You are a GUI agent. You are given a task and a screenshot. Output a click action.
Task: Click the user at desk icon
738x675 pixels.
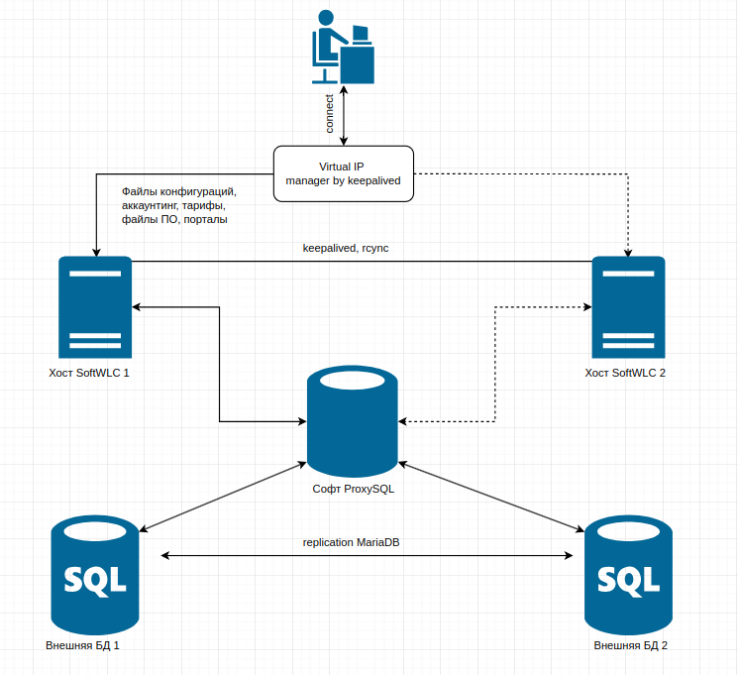point(343,47)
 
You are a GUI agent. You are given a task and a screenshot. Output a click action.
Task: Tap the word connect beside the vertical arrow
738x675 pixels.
point(330,115)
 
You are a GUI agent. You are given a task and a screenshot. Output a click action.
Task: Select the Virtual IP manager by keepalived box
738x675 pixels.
point(342,174)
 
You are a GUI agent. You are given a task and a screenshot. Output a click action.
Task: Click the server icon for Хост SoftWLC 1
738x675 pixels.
point(95,306)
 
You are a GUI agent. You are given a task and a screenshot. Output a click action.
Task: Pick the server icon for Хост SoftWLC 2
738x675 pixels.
point(628,306)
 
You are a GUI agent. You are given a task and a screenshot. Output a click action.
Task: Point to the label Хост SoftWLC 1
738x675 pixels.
point(89,375)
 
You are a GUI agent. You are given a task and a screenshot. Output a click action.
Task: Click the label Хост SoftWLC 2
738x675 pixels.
point(626,375)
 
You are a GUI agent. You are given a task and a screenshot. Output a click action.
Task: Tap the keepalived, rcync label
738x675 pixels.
point(346,248)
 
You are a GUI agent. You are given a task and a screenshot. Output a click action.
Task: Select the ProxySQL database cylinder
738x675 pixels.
point(353,420)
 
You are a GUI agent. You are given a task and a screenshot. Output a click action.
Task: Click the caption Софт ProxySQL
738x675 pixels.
point(354,490)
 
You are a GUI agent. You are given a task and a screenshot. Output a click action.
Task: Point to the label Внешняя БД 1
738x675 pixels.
point(83,645)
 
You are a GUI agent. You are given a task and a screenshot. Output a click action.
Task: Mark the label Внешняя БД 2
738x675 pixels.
point(631,645)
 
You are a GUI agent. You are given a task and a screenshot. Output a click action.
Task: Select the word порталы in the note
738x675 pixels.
point(206,219)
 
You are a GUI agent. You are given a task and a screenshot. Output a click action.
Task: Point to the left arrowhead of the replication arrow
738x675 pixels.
point(165,556)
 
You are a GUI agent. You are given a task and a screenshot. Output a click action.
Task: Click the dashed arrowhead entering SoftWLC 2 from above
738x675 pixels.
point(628,251)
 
